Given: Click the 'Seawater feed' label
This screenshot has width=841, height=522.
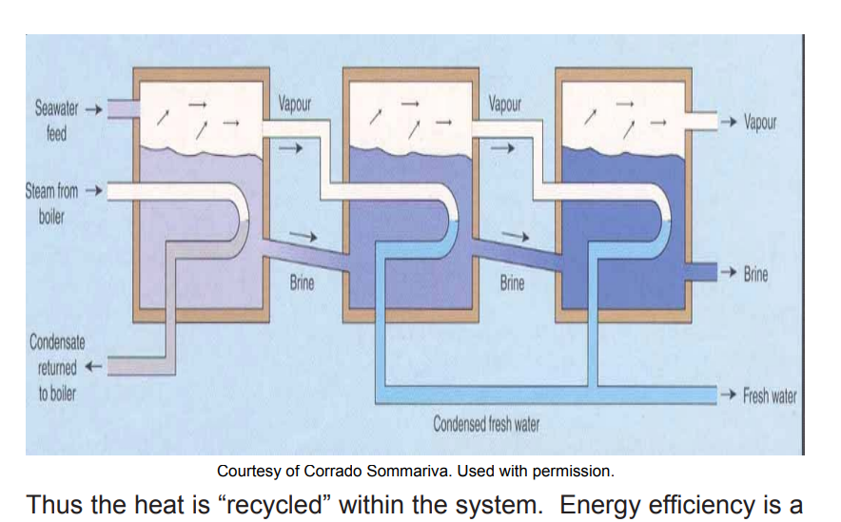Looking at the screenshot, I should [57, 120].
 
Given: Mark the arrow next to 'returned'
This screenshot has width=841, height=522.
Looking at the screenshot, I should [93, 367].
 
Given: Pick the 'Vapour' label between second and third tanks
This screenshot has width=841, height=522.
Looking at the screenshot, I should [504, 104].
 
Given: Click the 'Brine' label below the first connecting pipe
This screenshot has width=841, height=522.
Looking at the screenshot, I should [302, 282].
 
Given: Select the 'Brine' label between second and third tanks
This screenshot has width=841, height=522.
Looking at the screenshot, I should [512, 282].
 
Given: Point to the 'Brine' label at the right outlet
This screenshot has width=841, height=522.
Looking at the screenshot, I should [755, 274].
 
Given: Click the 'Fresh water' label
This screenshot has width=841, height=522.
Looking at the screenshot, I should [770, 396].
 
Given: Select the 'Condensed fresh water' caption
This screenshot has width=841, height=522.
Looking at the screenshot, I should [486, 423].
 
